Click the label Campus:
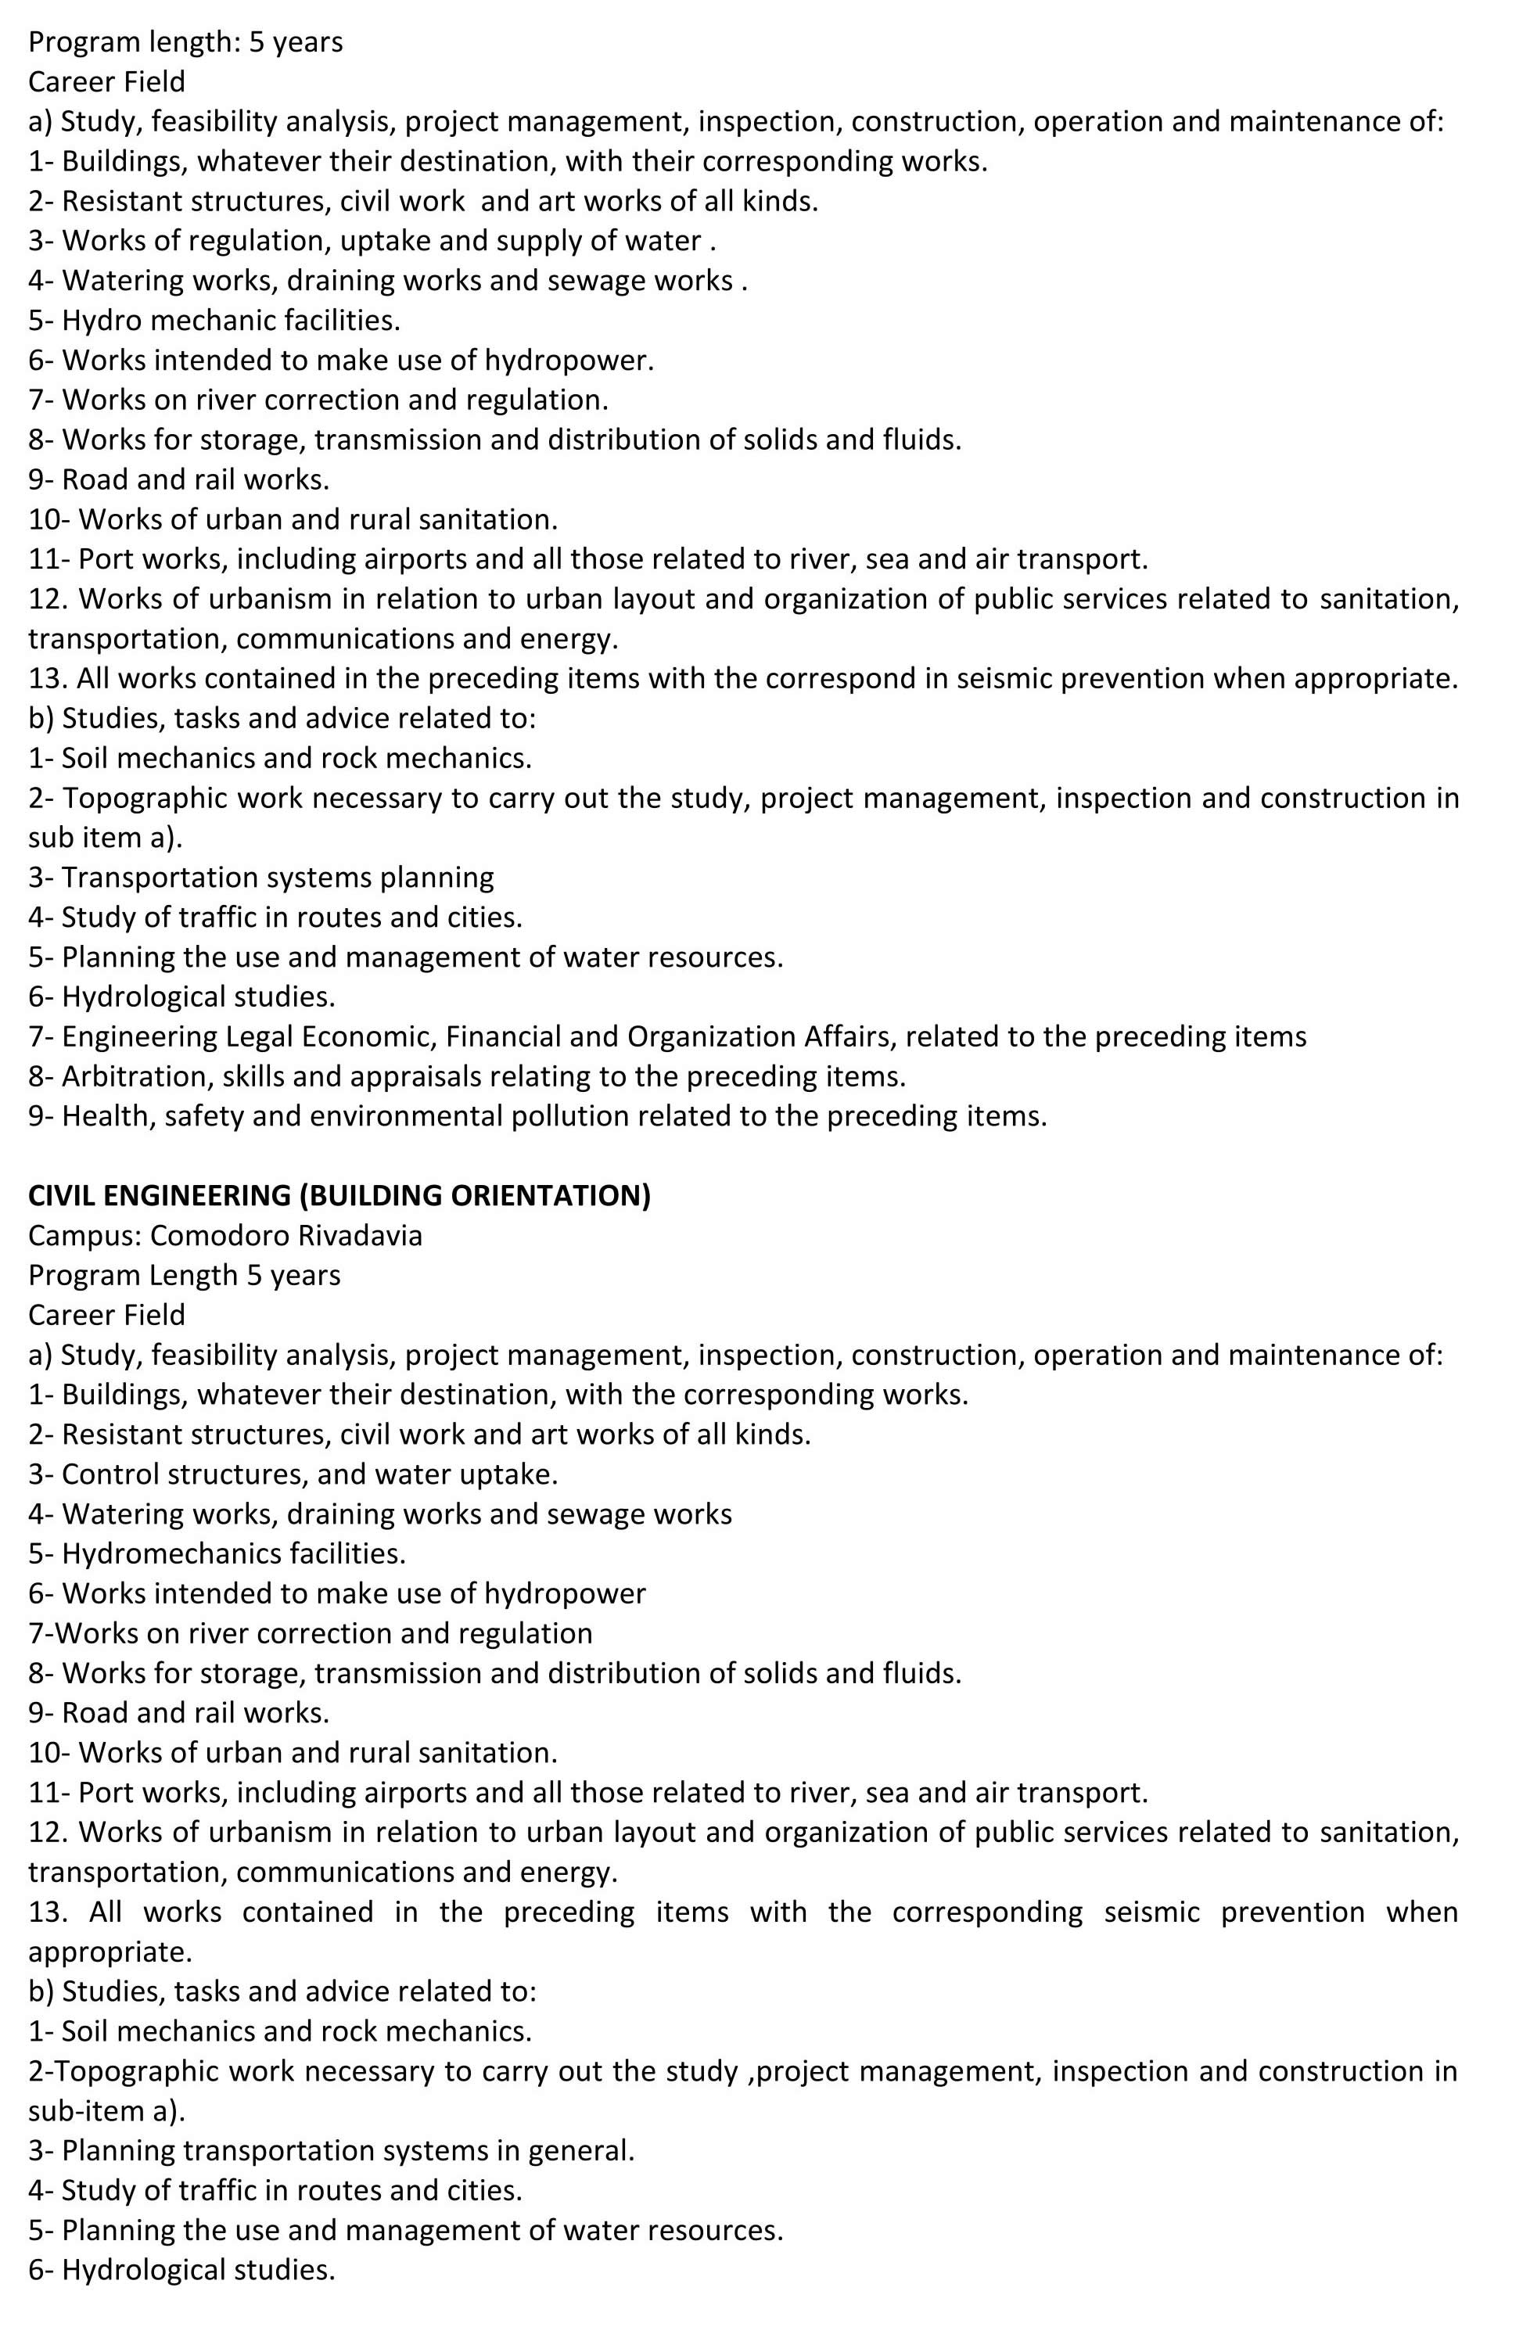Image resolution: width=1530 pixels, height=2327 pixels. tap(85, 1235)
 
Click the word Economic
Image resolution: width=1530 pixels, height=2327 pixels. tap(365, 1036)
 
